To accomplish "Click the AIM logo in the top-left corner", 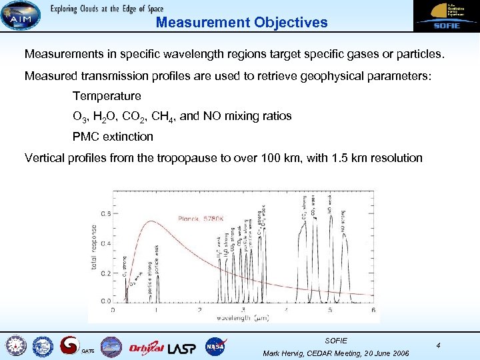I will pos(19,16).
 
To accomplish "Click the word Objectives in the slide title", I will pos(291,22).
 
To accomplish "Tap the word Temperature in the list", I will pos(107,96).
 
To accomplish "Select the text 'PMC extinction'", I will pos(113,137).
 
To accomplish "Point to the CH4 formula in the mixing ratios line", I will pos(163,117).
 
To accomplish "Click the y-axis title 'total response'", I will pos(94,247).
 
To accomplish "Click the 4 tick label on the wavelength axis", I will pos(287,309).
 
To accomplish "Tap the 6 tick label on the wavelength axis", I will pos(373,309).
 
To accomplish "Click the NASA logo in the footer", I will pos(215,347).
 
